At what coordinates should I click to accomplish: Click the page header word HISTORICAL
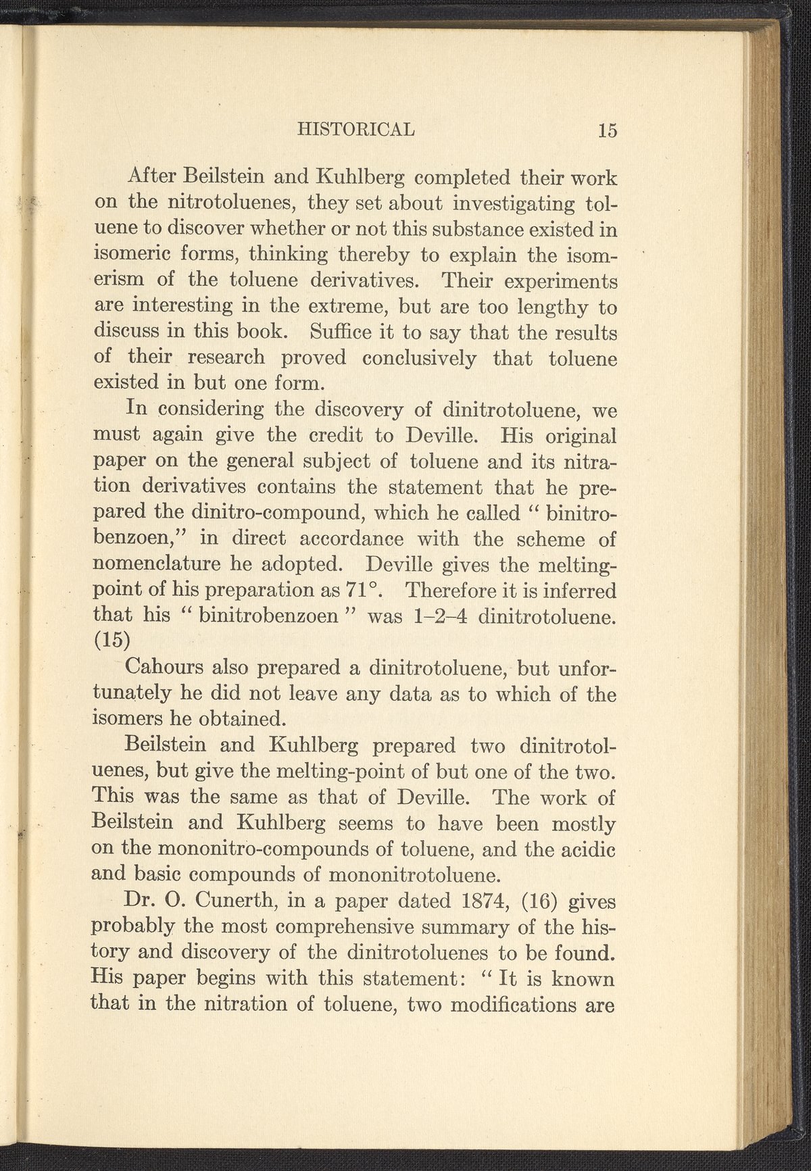(357, 128)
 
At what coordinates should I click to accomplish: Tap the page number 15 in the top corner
(607, 129)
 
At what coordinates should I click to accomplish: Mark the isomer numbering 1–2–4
(436, 617)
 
